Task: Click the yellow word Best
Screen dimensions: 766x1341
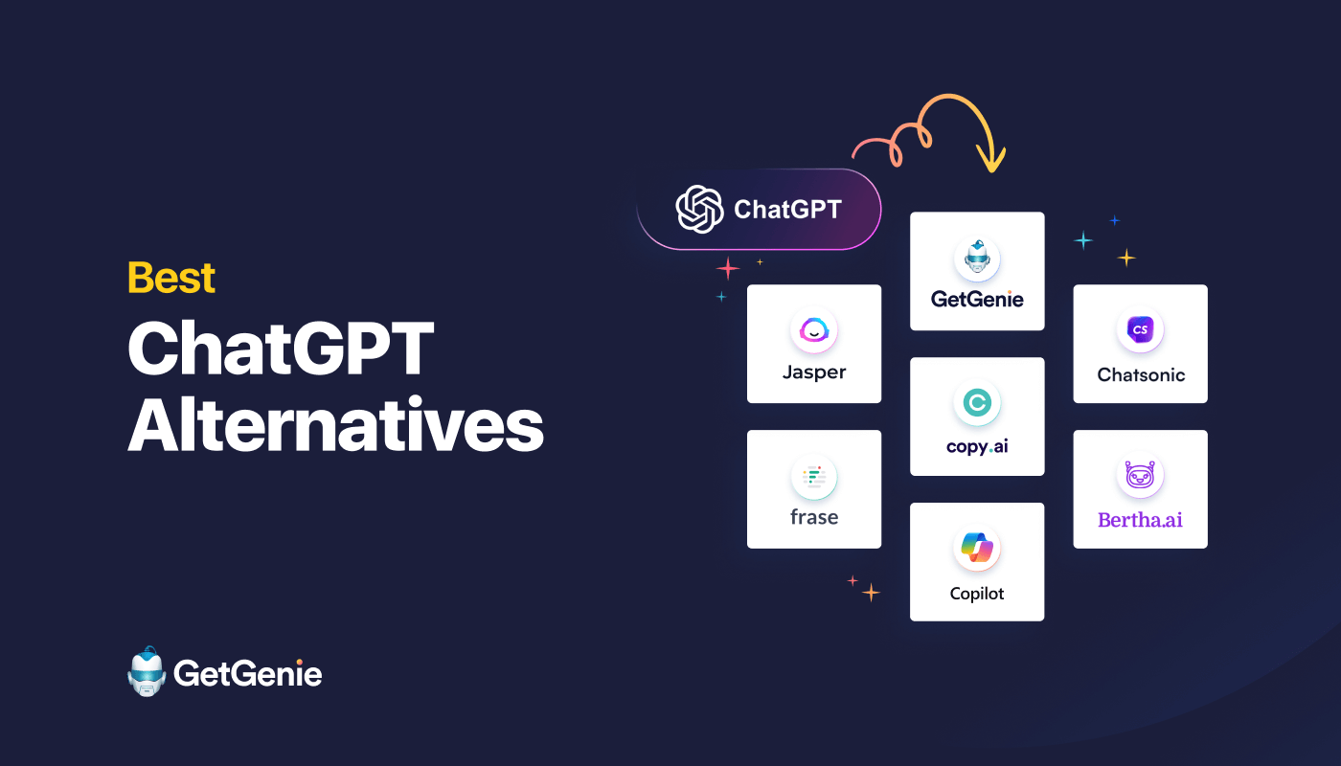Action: click(171, 278)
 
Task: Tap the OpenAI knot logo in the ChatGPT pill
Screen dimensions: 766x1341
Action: click(699, 209)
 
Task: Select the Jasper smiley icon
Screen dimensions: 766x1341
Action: click(814, 331)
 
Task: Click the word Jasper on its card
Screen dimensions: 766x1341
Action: click(814, 372)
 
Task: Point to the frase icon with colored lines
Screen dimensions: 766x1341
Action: click(814, 477)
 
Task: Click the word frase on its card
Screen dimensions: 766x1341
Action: click(814, 517)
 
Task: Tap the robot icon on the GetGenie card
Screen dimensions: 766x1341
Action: click(977, 259)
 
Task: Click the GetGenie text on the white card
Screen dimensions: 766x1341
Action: click(977, 299)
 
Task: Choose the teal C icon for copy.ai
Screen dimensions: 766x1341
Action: click(977, 404)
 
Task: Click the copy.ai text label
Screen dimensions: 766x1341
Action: click(977, 446)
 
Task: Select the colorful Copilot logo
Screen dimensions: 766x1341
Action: click(977, 550)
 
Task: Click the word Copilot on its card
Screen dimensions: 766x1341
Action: click(977, 594)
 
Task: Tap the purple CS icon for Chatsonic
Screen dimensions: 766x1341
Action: click(1140, 331)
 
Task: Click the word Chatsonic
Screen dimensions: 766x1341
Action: click(1141, 374)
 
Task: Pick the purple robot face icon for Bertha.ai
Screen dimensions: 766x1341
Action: click(1140, 477)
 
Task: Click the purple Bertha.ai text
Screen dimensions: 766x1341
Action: click(1140, 519)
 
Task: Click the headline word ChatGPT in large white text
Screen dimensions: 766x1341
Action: click(281, 350)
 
